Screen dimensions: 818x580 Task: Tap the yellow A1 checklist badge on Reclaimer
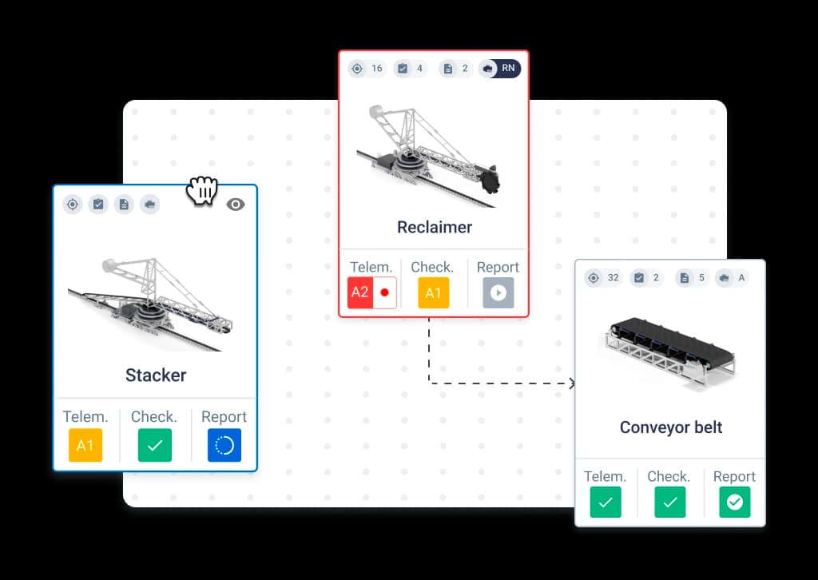point(434,292)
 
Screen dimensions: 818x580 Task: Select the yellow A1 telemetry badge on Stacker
point(85,445)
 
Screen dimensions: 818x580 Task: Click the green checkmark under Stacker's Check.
point(155,445)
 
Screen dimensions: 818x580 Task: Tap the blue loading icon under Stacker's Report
point(224,445)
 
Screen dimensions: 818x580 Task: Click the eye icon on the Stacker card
point(236,205)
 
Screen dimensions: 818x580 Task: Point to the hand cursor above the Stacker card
point(202,190)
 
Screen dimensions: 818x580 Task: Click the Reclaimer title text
point(435,228)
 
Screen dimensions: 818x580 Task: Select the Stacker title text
point(156,375)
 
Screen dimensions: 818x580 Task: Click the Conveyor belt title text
point(671,427)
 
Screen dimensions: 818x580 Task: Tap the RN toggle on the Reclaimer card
point(500,69)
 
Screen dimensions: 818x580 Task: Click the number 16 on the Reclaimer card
point(377,69)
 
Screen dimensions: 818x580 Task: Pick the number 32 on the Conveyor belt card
point(613,278)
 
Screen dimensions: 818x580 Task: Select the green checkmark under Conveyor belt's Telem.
point(606,503)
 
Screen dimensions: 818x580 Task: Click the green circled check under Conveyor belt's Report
point(735,503)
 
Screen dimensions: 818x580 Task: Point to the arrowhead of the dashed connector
point(572,383)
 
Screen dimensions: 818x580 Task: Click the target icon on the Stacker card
point(73,205)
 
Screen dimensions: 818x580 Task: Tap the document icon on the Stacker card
point(124,205)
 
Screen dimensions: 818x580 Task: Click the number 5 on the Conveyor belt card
point(701,278)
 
